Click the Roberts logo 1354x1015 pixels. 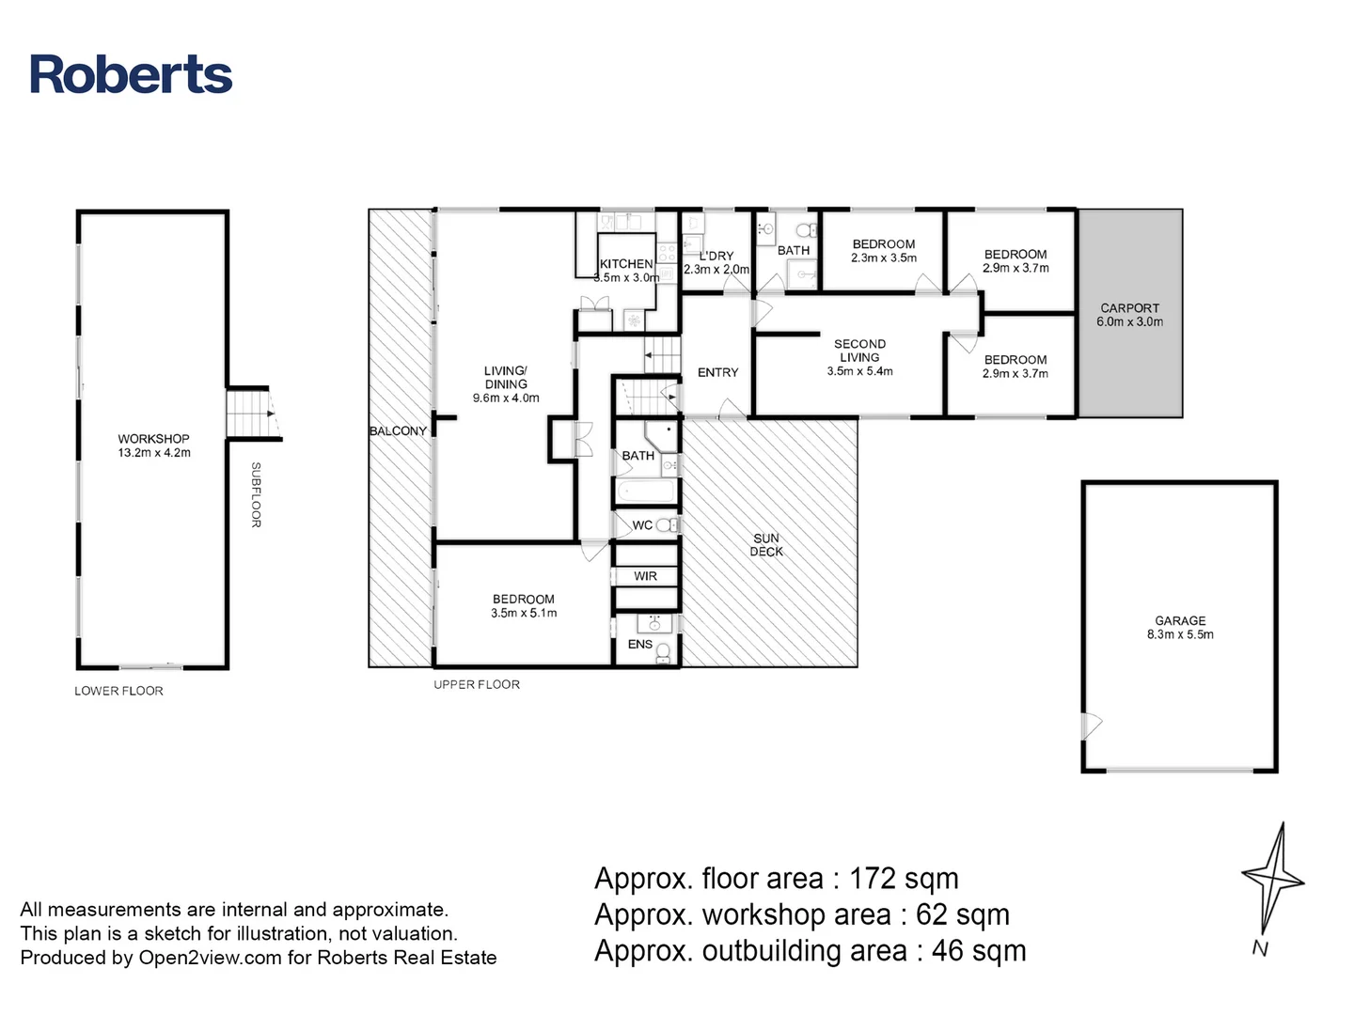click(x=131, y=75)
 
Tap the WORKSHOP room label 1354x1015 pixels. click(x=153, y=439)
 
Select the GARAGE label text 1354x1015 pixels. click(x=1180, y=621)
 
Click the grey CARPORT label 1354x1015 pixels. click(x=1129, y=308)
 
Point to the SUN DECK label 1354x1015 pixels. click(x=766, y=545)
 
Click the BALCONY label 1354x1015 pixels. click(x=398, y=431)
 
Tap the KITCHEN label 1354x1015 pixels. click(x=626, y=264)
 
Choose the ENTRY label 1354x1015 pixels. click(x=717, y=373)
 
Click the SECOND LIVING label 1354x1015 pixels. click(x=859, y=351)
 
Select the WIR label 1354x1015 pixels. click(x=645, y=576)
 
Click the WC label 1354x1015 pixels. click(x=642, y=525)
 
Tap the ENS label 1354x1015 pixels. click(x=639, y=645)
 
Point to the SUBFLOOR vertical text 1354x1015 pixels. click(x=256, y=494)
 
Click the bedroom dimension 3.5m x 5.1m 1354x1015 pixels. click(x=524, y=614)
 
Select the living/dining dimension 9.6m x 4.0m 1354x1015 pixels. click(x=506, y=398)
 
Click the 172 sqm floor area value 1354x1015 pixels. click(x=904, y=879)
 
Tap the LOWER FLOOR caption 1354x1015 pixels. click(x=118, y=691)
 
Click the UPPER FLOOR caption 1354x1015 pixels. click(x=477, y=685)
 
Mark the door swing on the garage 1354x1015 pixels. click(x=1092, y=726)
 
